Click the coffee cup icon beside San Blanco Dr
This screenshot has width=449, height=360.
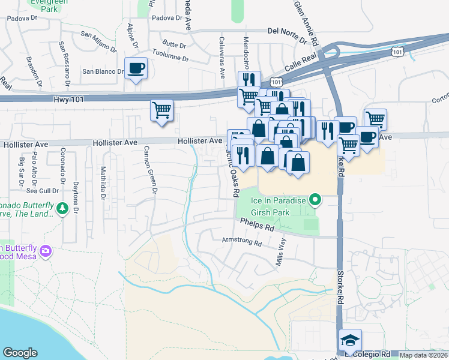tap(136, 68)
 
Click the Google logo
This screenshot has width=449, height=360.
tap(20, 353)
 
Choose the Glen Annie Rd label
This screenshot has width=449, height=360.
tap(307, 23)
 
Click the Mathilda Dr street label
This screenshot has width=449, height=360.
tap(103, 183)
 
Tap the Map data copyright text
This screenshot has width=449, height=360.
tap(424, 355)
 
